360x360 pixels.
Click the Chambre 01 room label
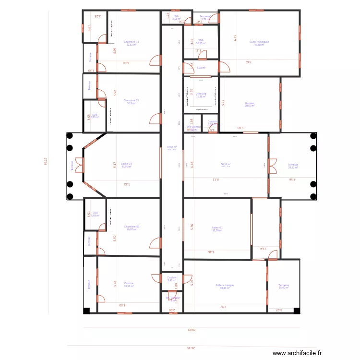pos(131,42)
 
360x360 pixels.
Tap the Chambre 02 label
pos(131,101)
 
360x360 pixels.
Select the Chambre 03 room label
pos(132,227)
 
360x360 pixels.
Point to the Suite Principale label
pos(259,42)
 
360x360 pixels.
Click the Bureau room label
pos(250,103)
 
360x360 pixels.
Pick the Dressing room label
pos(201,94)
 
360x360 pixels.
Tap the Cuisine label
pos(129,284)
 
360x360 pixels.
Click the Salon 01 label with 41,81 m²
pos(126,164)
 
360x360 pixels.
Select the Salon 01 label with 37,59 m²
pos(217,228)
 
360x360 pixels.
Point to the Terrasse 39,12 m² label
pos(293,165)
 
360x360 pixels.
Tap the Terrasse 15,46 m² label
pos(284,286)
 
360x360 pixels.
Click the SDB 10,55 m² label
pos(201,41)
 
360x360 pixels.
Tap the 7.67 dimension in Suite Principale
pos(249,62)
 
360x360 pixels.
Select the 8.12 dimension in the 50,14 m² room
pos(216,180)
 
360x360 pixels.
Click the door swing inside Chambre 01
pos(155,60)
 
